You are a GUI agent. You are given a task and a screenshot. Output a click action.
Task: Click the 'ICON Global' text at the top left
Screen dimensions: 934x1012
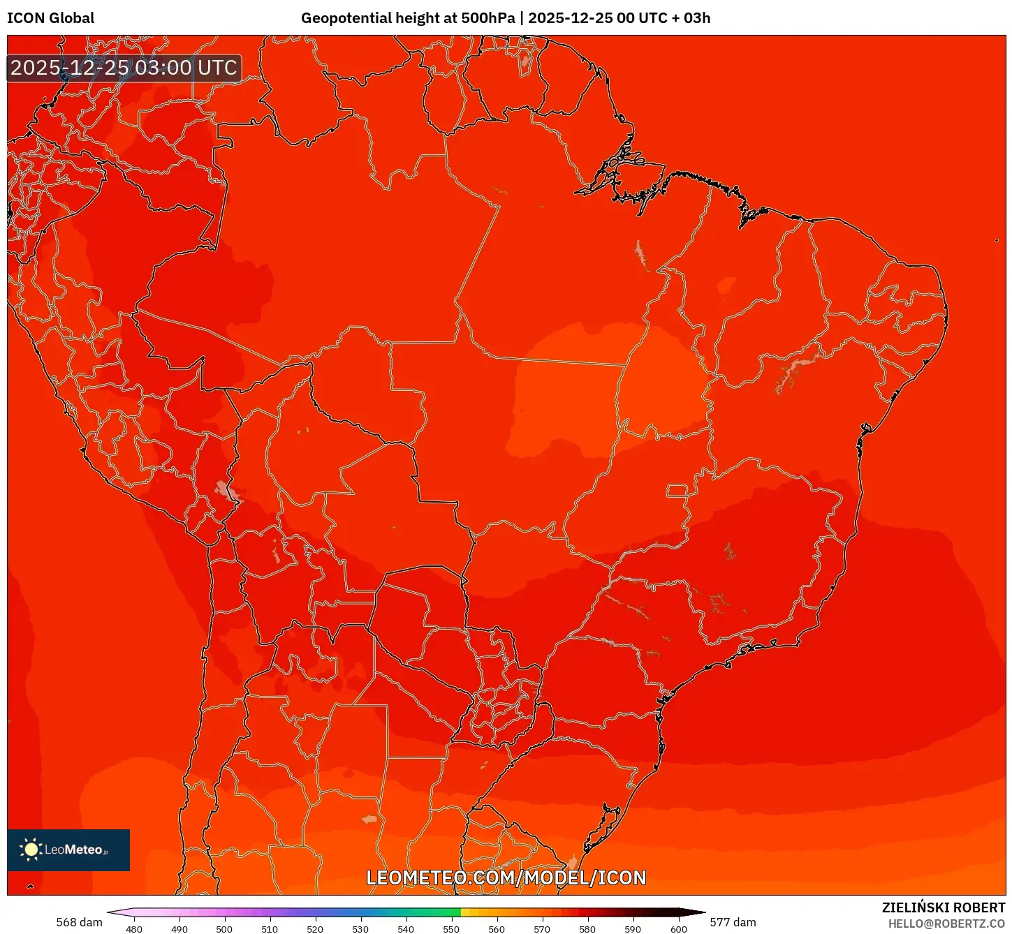coord(50,18)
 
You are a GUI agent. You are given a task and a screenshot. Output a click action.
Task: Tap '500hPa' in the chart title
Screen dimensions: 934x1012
coord(487,18)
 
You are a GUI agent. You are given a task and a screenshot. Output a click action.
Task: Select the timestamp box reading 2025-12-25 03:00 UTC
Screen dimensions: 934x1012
coord(124,68)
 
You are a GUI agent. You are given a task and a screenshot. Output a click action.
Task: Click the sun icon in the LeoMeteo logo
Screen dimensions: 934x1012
coord(31,849)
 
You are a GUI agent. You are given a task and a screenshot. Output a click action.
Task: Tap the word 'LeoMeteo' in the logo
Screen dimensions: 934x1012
coord(73,850)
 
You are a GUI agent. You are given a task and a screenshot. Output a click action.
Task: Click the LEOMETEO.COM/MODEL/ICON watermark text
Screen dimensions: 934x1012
coord(506,877)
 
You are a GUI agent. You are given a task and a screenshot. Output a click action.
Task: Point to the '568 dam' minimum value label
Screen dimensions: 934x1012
coord(79,922)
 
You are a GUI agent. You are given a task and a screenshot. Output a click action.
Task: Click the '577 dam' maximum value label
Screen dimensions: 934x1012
coord(733,922)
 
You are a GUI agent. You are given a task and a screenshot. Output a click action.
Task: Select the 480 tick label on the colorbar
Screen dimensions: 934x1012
coord(134,929)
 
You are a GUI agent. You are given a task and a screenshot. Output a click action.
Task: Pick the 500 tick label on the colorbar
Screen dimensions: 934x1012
coord(224,929)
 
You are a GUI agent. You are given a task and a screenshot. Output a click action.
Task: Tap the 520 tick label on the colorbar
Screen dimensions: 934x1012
coord(315,929)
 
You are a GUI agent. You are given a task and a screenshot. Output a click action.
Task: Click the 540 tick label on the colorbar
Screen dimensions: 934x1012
coord(406,929)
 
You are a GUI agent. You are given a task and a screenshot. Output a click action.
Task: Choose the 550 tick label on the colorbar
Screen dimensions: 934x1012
coord(451,929)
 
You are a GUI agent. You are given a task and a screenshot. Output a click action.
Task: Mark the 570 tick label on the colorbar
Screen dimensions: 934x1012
coord(542,929)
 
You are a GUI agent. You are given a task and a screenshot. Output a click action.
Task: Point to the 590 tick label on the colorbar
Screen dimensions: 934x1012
coord(633,929)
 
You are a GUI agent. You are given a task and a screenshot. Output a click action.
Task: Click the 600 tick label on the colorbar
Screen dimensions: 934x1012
coord(678,929)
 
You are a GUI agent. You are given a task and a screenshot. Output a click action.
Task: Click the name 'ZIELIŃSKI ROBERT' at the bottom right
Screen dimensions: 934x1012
coord(943,907)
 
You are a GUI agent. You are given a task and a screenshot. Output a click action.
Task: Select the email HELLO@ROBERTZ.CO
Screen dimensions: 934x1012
coord(946,924)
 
